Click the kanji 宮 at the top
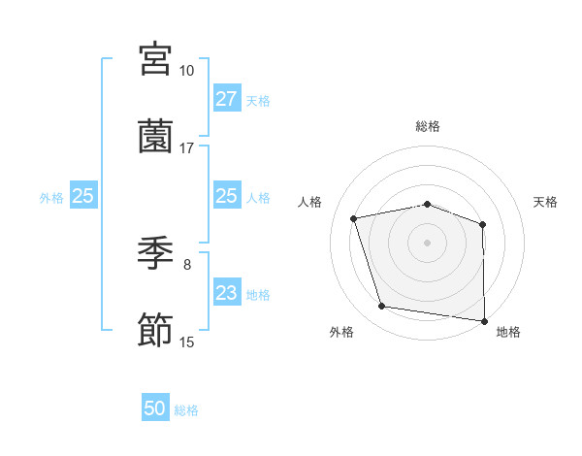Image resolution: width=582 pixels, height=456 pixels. (x=155, y=59)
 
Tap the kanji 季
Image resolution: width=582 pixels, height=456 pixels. (x=155, y=253)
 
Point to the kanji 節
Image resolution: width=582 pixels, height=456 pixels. (x=155, y=331)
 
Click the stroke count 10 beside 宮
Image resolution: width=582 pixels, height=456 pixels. (x=186, y=71)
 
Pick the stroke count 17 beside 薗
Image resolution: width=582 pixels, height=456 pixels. (x=186, y=148)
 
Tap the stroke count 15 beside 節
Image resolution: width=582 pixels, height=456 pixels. (x=186, y=342)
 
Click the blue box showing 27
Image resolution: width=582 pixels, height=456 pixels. (x=226, y=98)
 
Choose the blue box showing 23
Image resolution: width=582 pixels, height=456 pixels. (x=226, y=292)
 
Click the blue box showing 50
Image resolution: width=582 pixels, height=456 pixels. (x=155, y=408)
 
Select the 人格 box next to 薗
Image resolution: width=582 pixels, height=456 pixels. (x=226, y=196)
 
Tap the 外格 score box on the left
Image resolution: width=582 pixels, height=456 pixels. (x=83, y=196)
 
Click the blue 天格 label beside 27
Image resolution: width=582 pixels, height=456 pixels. (x=258, y=100)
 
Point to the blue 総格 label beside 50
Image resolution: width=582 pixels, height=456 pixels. (x=186, y=410)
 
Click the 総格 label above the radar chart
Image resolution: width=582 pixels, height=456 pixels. (x=427, y=126)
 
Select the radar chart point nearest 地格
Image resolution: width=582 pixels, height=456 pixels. (x=484, y=320)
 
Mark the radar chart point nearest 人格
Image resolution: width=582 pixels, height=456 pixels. (x=354, y=218)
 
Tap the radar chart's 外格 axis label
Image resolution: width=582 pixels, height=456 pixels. (x=341, y=333)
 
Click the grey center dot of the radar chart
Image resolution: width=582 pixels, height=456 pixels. (x=427, y=242)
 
